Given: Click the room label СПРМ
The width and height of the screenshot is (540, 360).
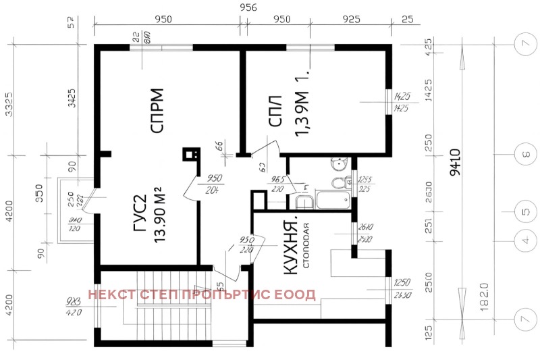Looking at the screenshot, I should (x=157, y=111).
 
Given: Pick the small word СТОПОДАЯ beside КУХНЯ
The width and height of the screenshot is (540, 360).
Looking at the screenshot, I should (x=306, y=245).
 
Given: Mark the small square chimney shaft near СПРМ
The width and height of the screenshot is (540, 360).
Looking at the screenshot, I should (x=188, y=153).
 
